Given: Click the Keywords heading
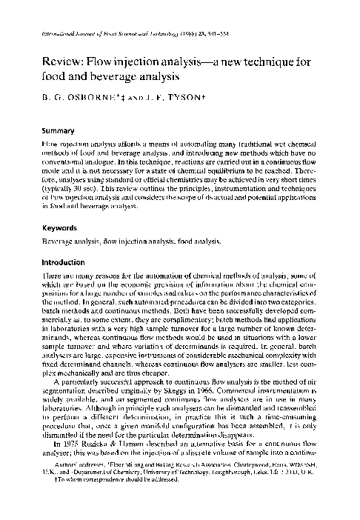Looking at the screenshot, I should pyautogui.click(x=61, y=228).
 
